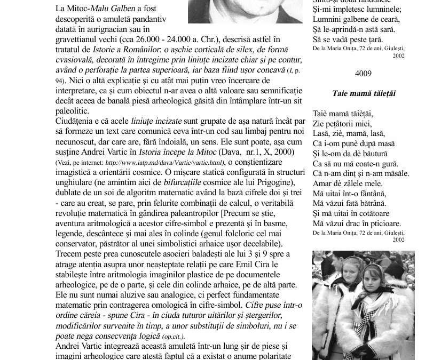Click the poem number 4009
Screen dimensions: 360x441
tap(363, 74)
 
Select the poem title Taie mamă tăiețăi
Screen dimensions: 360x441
tap(364, 93)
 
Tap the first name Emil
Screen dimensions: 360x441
tap(246, 264)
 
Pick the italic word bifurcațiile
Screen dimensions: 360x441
tap(187, 182)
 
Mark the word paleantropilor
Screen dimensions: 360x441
tap(181, 213)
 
